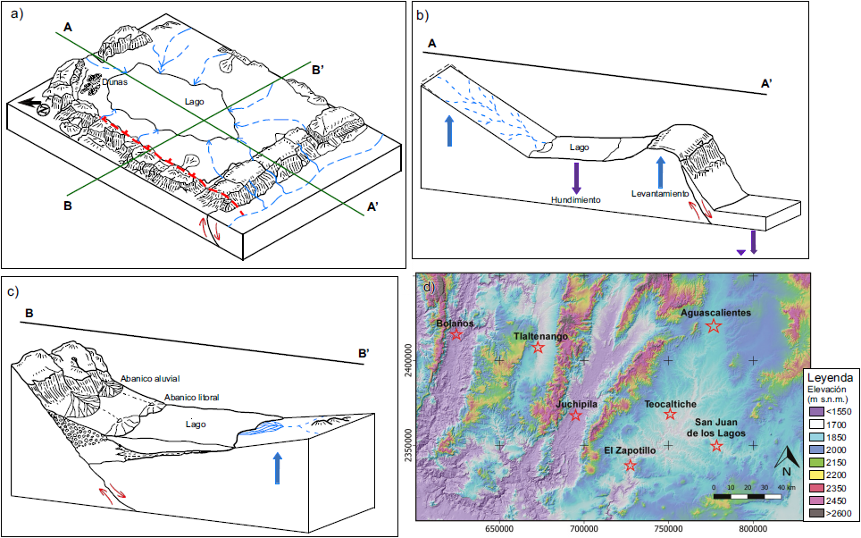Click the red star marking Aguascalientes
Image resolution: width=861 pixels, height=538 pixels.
[713, 326]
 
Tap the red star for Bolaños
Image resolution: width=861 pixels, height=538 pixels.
[456, 334]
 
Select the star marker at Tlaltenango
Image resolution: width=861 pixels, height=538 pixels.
[538, 347]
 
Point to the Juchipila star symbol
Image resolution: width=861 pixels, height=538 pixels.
[575, 415]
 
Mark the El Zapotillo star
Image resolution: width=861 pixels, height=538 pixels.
[631, 465]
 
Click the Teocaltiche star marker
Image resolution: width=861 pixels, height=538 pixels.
[671, 414]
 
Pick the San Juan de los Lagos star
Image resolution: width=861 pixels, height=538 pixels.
[716, 445]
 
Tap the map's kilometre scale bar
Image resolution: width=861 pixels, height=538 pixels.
[749, 494]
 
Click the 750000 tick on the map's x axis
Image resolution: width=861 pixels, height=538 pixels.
[669, 527]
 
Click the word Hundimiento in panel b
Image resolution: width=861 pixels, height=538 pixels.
[575, 199]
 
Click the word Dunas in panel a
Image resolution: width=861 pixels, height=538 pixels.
[114, 81]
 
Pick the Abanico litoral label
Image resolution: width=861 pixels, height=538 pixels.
[191, 397]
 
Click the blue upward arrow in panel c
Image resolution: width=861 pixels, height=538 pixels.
[277, 467]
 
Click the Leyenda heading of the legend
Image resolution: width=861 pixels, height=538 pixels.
[829, 377]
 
